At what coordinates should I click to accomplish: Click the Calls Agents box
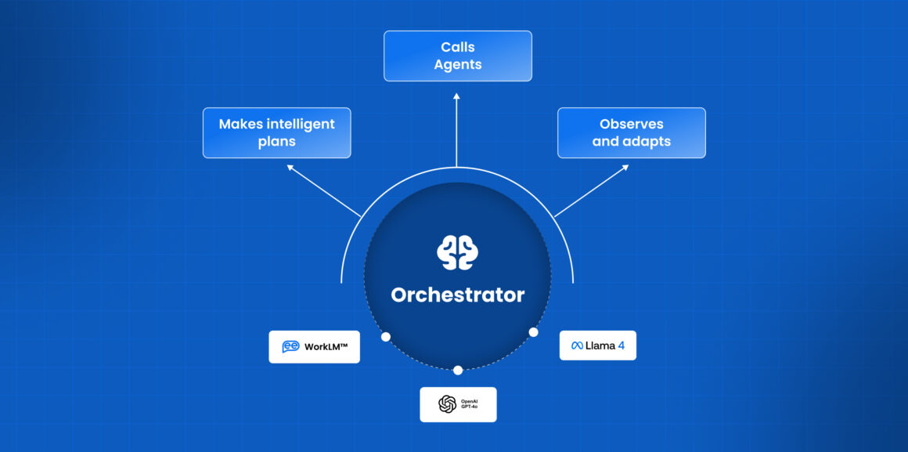457,56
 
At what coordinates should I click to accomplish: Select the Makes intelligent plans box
276,132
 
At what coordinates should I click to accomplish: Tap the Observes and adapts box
631,132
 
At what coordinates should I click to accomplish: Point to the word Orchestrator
457,295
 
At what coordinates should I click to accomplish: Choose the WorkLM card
314,346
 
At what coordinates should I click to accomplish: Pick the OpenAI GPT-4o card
458,404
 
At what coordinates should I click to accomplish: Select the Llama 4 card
597,345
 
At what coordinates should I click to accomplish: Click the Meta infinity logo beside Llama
577,345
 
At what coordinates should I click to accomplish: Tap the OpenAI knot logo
447,404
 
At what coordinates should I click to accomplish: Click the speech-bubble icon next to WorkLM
290,346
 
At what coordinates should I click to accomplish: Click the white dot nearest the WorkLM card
385,336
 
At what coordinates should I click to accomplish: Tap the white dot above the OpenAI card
458,370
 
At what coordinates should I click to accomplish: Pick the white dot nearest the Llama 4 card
533,332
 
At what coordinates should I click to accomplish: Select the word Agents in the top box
457,64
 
